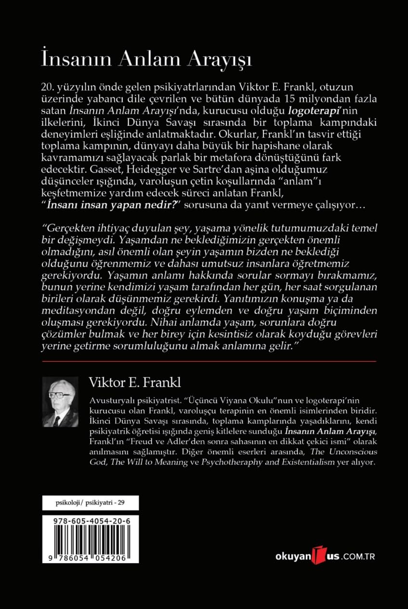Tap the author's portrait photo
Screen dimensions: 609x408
(60, 401)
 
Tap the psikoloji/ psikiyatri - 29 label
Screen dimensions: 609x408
(90, 503)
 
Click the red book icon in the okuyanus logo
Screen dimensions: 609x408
(318, 555)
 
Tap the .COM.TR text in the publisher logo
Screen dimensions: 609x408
(358, 556)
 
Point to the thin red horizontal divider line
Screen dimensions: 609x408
(209, 360)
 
